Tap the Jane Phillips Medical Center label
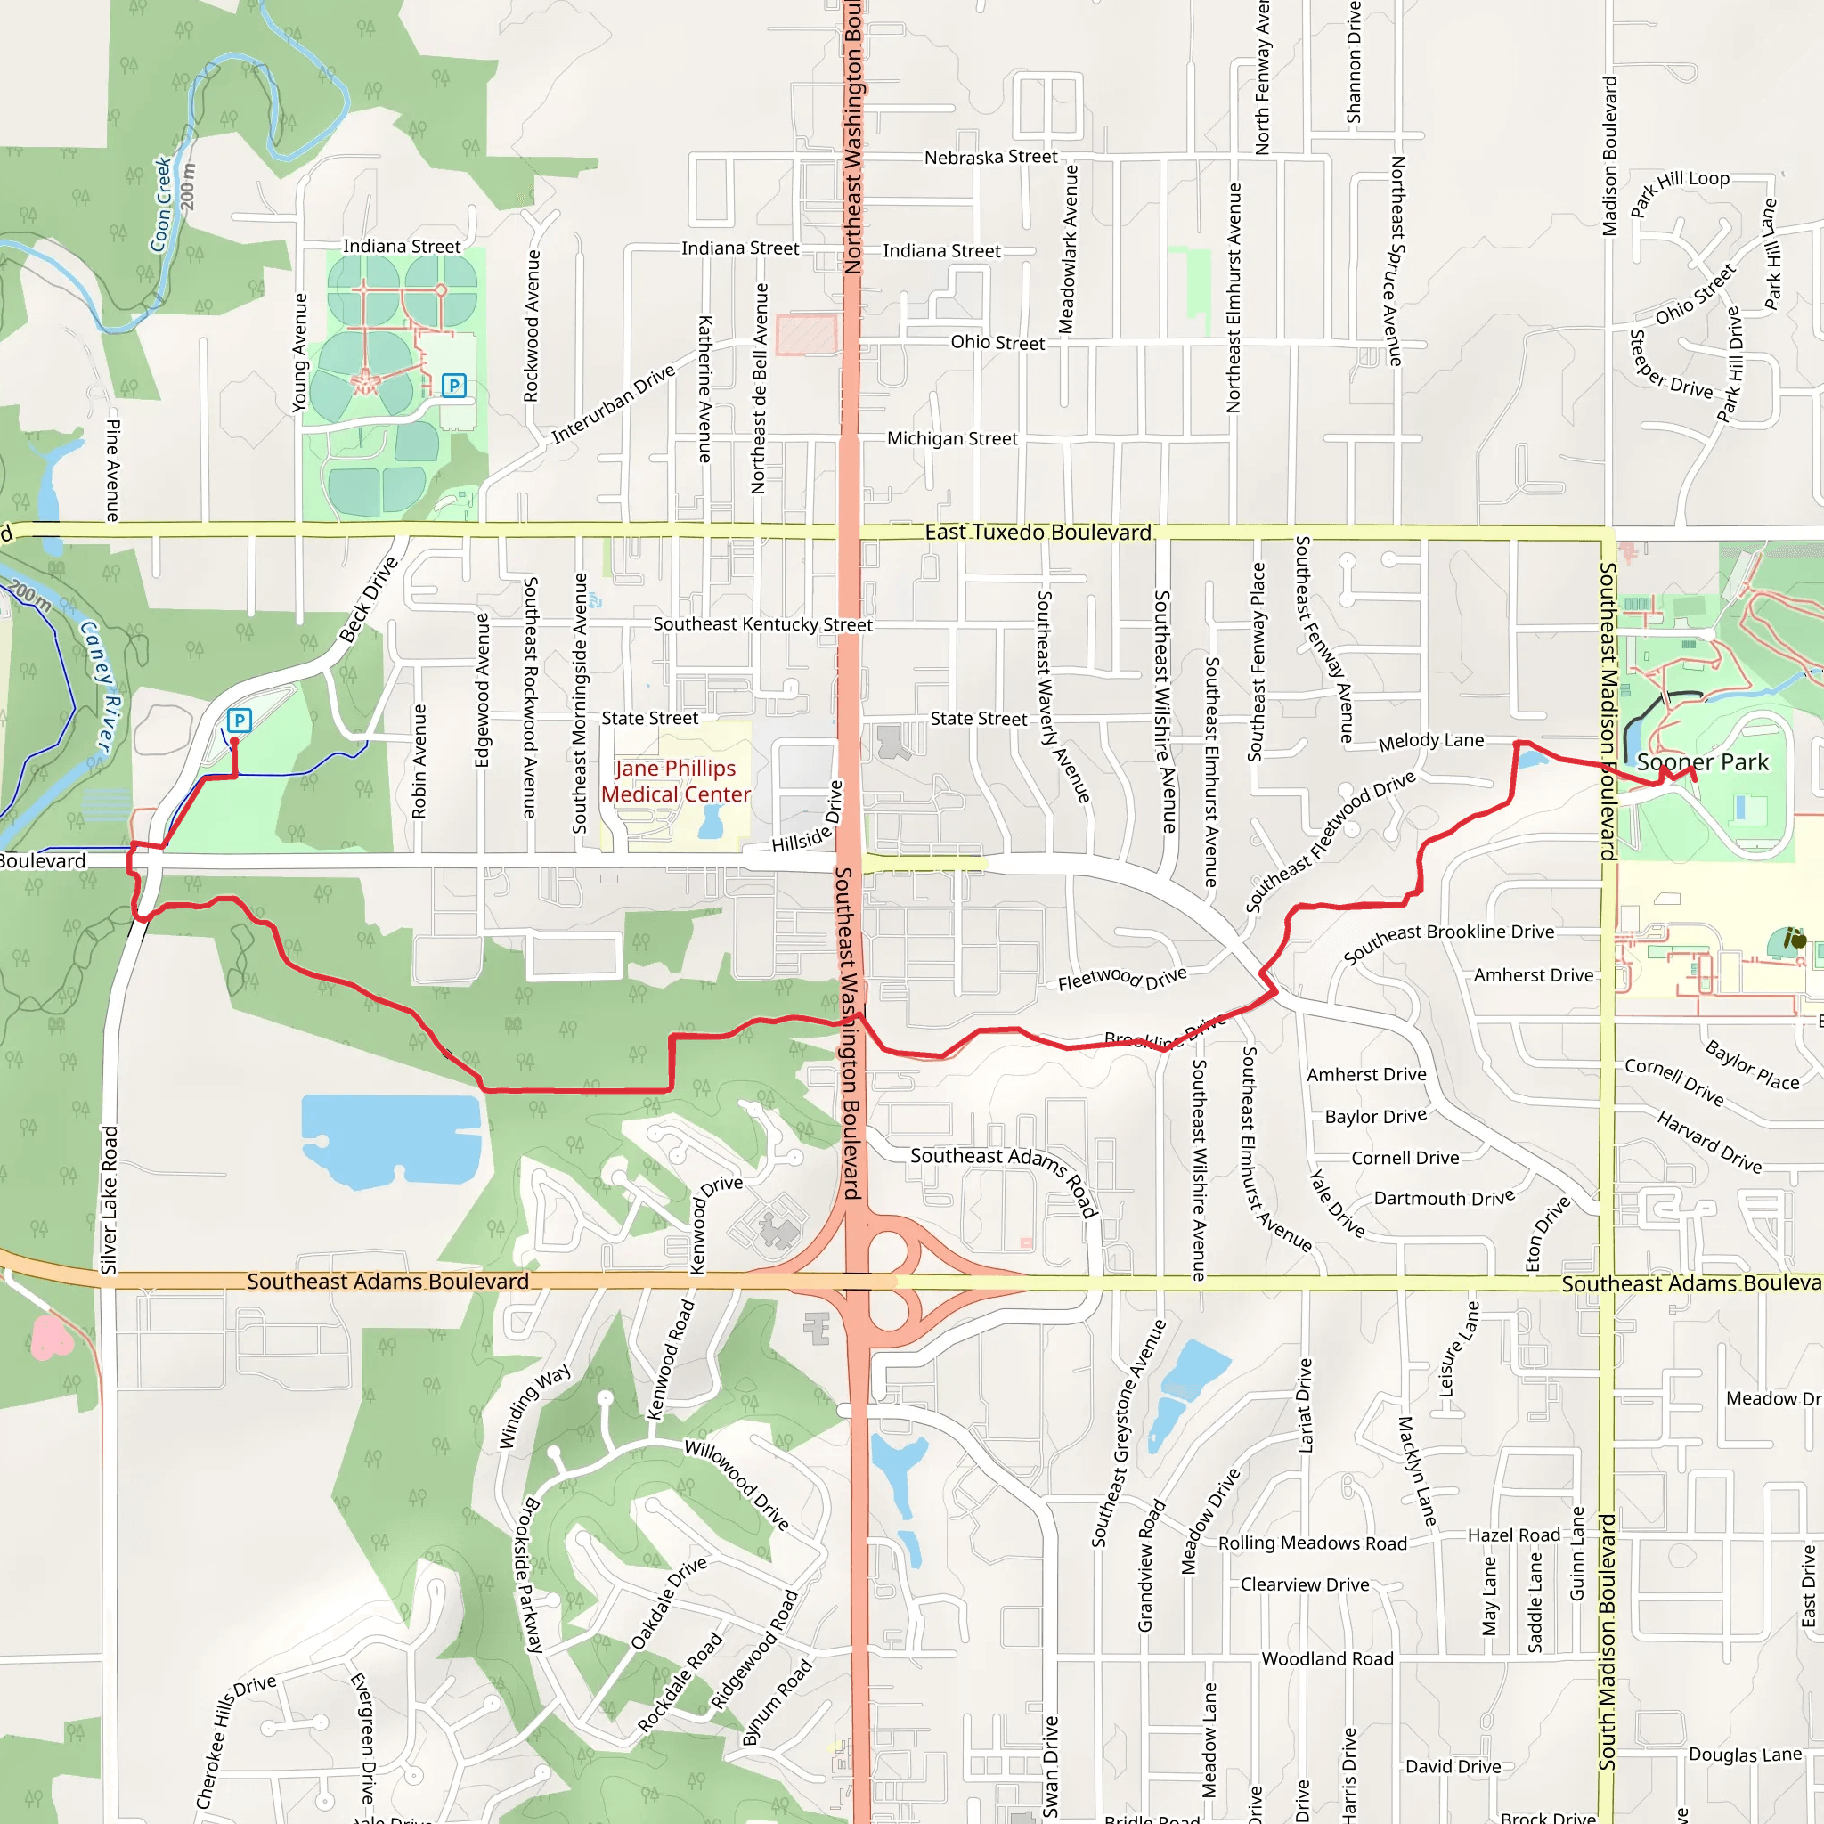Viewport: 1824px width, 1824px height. pyautogui.click(x=676, y=782)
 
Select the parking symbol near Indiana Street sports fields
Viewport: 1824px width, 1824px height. pyautogui.click(x=454, y=385)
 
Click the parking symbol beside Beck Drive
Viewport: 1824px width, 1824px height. pyautogui.click(x=239, y=721)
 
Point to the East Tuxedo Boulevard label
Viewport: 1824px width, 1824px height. pyautogui.click(x=1038, y=533)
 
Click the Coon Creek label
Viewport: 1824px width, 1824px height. pyautogui.click(x=162, y=205)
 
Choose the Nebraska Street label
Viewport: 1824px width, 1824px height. pyautogui.click(x=990, y=158)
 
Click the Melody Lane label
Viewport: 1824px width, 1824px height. pyautogui.click(x=1430, y=741)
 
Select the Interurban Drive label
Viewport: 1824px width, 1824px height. pyautogui.click(x=614, y=403)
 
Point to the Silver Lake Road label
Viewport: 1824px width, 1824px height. pyautogui.click(x=110, y=1200)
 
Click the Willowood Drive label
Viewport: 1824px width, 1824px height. pyautogui.click(x=737, y=1485)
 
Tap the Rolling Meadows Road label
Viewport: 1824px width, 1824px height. pyautogui.click(x=1312, y=1543)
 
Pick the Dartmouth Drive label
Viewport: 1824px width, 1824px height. pyautogui.click(x=1444, y=1198)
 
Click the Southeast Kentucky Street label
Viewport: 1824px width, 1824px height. pyautogui.click(x=763, y=624)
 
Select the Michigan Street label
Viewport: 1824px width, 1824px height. pyautogui.click(x=952, y=439)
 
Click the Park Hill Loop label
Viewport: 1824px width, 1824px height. pyautogui.click(x=1681, y=191)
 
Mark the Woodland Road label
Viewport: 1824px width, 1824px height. pyautogui.click(x=1327, y=1658)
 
